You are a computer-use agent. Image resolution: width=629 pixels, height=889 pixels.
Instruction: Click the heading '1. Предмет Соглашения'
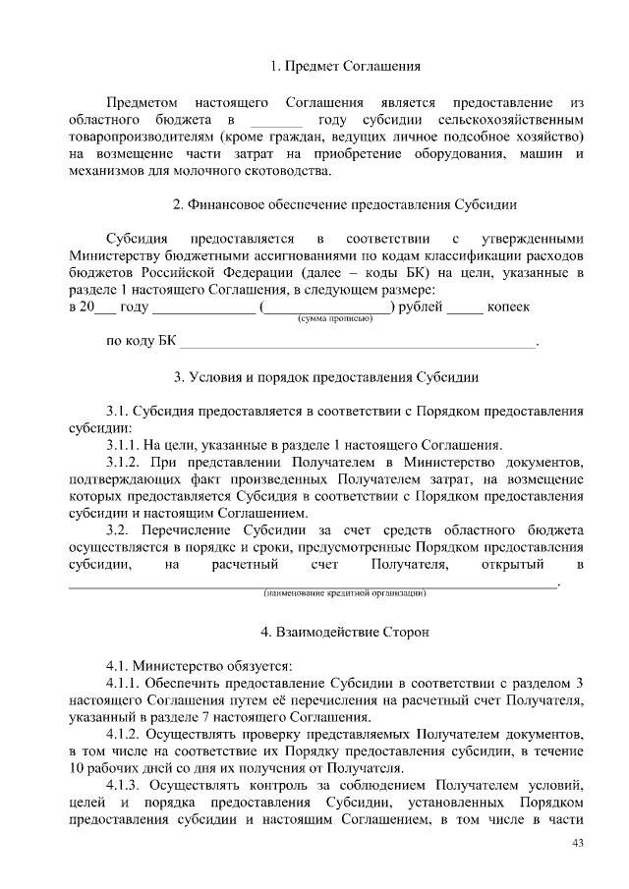(345, 67)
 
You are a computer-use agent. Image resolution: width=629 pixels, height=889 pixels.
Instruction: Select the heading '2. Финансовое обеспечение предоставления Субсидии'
(345, 204)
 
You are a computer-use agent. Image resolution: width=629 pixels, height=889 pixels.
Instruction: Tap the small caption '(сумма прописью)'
(328, 319)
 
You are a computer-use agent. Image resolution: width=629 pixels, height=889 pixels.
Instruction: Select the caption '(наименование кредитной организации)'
(344, 593)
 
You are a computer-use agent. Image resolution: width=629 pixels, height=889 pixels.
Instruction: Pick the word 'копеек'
(508, 307)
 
